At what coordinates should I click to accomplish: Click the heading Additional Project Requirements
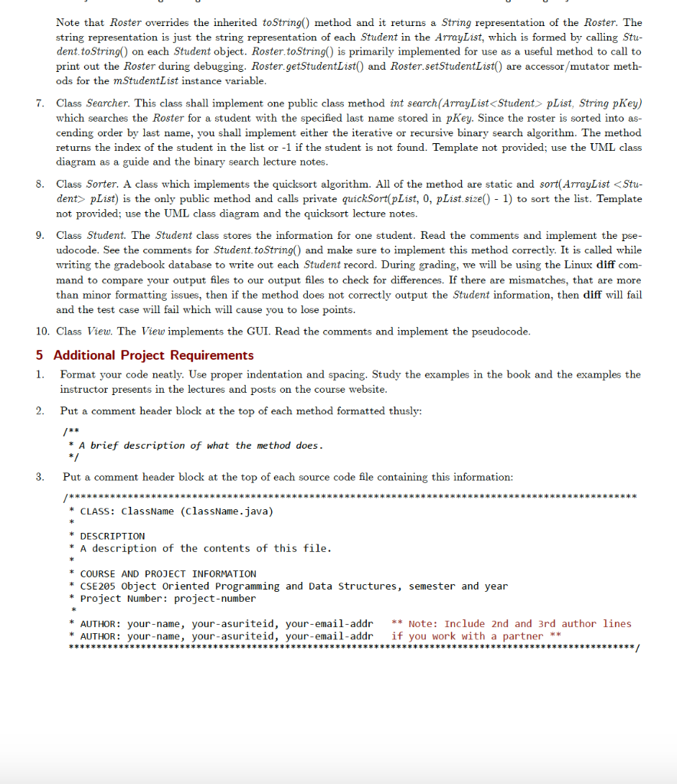(x=153, y=355)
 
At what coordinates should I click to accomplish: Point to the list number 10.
(x=41, y=331)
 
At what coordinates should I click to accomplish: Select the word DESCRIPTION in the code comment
(x=113, y=536)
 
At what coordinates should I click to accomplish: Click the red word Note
(x=421, y=624)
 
